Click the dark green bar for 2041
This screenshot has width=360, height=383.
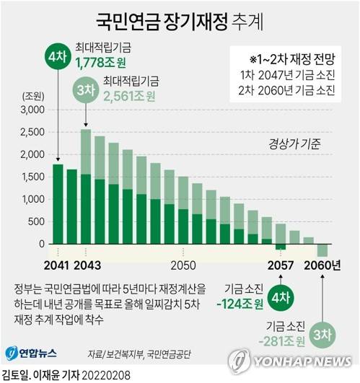[x=58, y=206]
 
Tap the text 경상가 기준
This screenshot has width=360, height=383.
[x=294, y=143]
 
